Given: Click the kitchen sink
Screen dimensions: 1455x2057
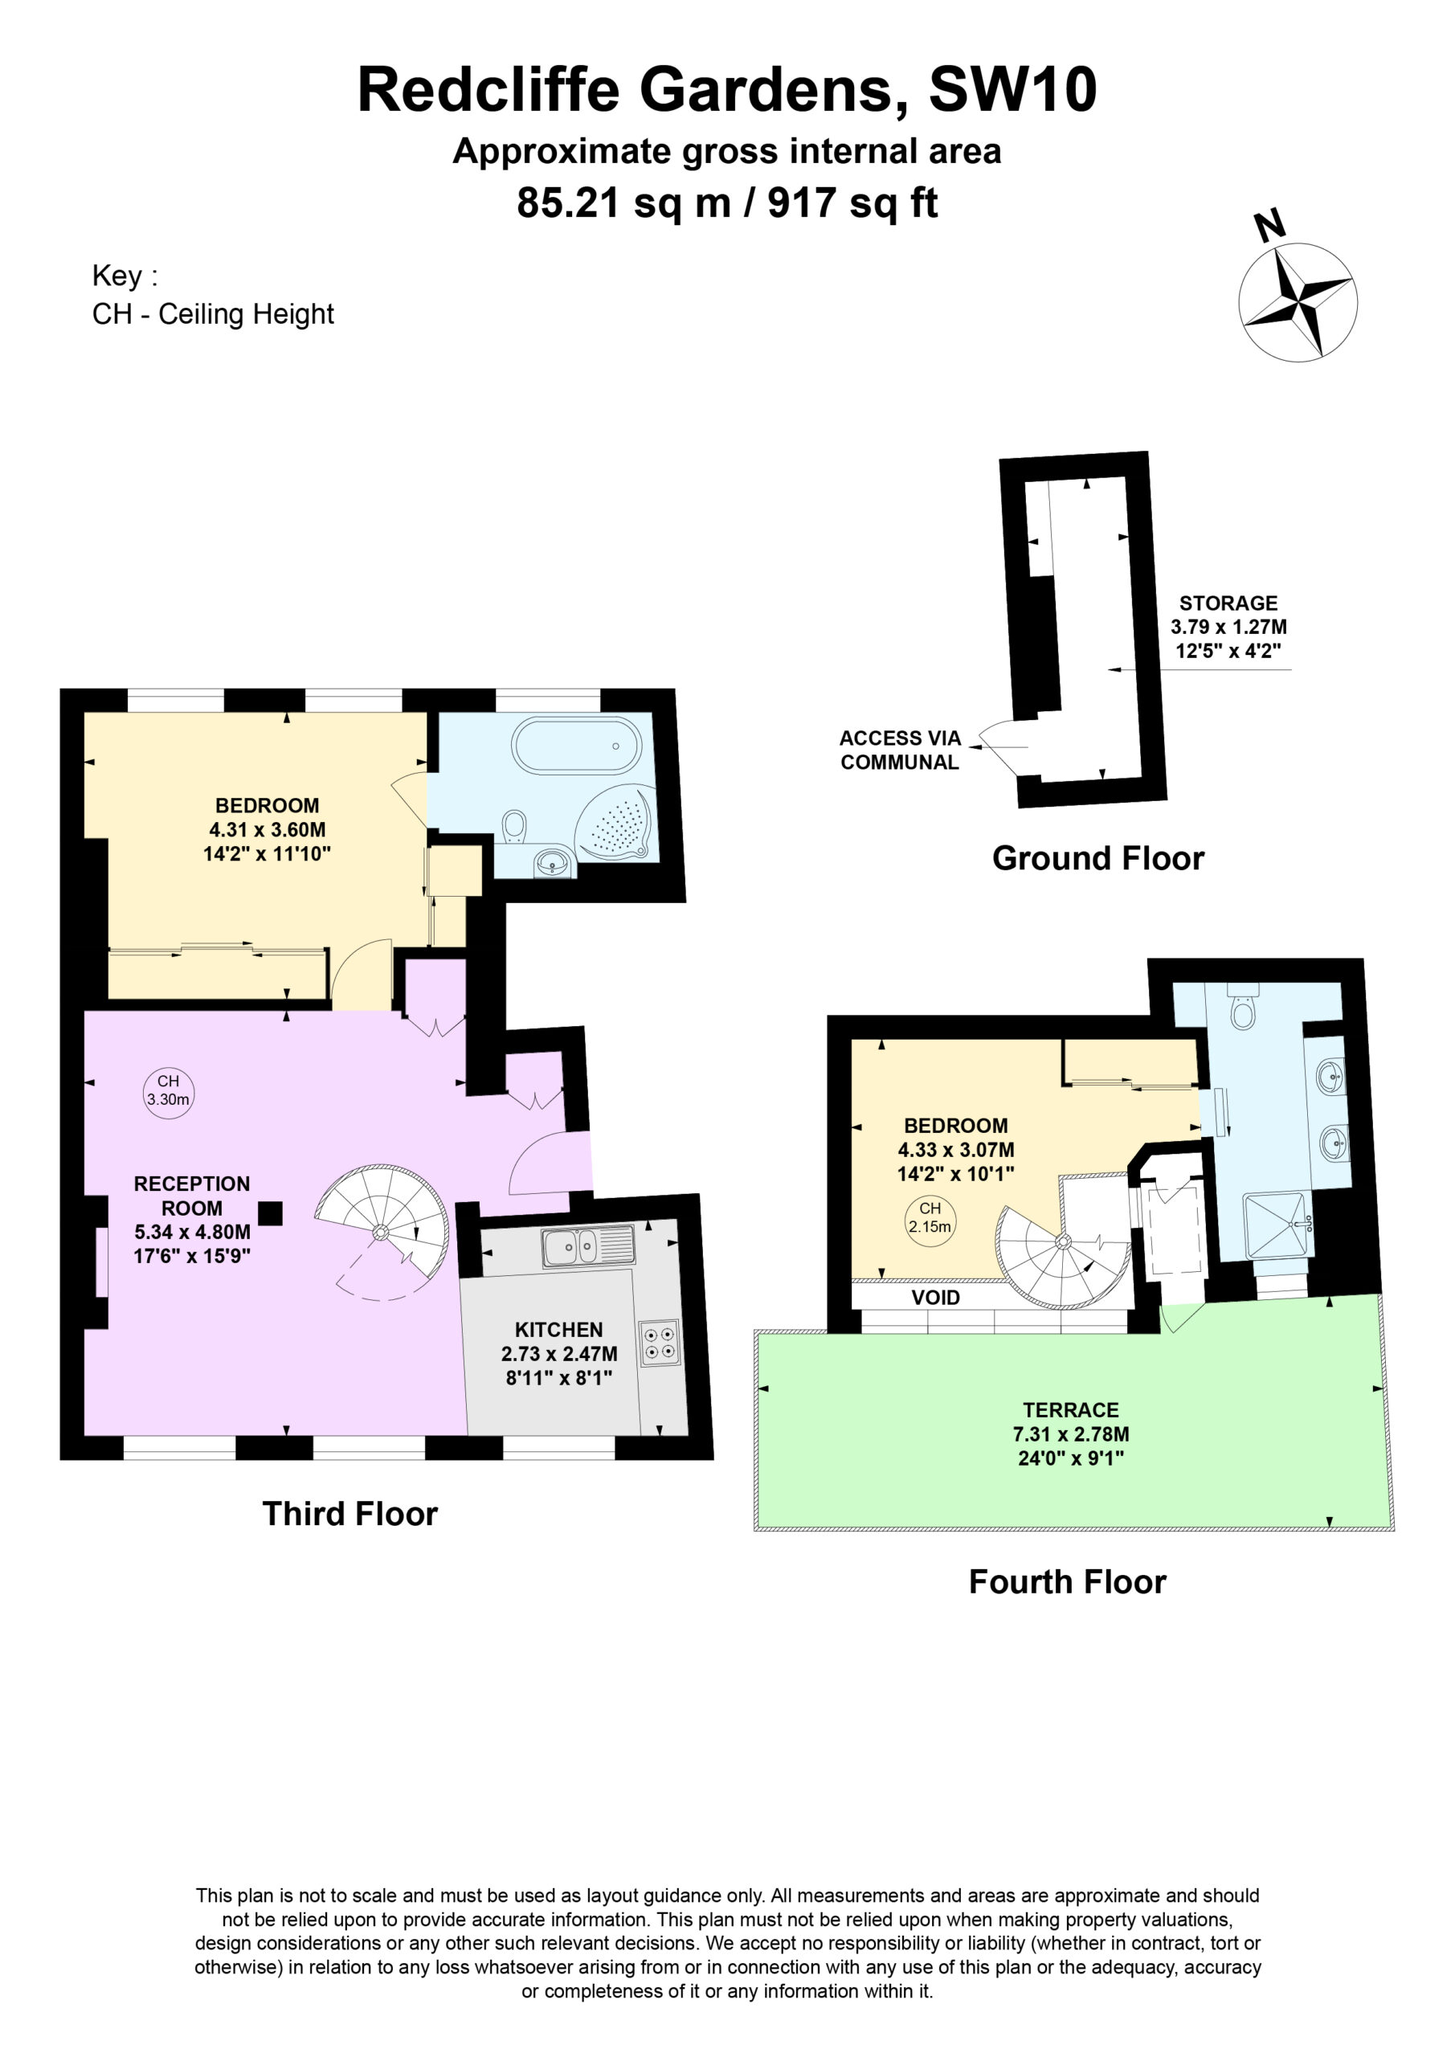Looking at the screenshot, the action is tap(588, 1246).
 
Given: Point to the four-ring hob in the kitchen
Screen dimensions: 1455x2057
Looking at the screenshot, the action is tap(660, 1343).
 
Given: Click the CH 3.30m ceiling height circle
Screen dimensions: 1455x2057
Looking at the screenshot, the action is tap(169, 1092).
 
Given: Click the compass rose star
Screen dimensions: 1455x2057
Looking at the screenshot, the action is tap(1298, 303).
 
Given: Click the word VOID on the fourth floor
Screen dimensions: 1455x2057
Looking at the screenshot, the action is tap(935, 1297).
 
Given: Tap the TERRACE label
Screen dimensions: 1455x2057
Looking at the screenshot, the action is tap(1071, 1410).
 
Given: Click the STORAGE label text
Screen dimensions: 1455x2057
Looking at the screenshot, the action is tap(1228, 603).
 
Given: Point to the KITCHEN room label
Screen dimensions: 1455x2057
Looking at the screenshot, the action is tap(558, 1330).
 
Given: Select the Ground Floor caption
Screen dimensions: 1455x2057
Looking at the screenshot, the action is tap(1097, 858).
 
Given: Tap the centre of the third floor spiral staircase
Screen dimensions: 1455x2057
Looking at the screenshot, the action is tap(381, 1232).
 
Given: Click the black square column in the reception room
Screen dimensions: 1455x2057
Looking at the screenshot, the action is tap(271, 1213).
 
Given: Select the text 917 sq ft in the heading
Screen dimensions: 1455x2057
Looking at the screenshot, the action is tap(853, 203).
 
